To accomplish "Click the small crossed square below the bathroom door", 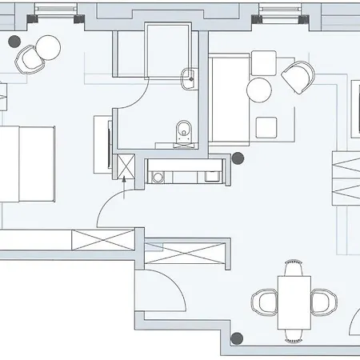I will point(125,166).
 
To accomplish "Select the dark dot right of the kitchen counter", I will point(237,158).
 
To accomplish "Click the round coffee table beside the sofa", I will point(259,89).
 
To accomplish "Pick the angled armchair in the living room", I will point(298,77).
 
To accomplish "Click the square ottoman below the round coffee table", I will point(266,126).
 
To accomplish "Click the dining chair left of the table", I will point(264,302).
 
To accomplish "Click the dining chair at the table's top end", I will point(294,265).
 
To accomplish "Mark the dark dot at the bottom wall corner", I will point(236,338).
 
